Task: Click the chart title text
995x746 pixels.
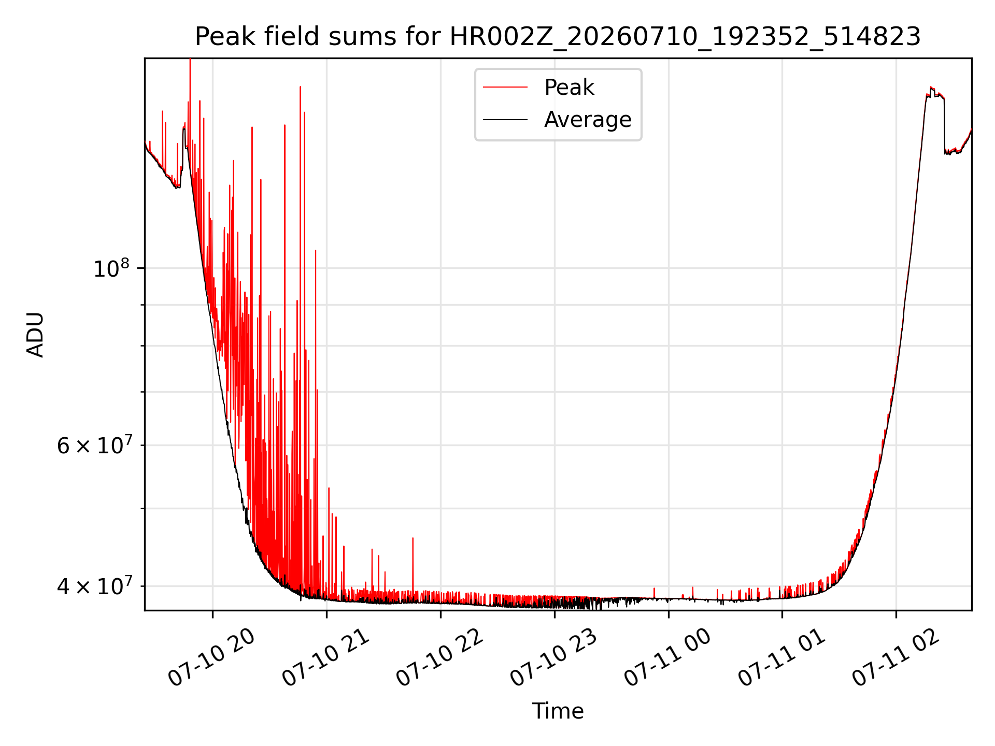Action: tap(558, 37)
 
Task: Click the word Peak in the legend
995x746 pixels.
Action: tap(569, 88)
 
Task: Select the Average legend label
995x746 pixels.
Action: tap(588, 120)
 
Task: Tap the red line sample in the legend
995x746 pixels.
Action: tap(505, 88)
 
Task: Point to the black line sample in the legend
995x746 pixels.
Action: tap(505, 120)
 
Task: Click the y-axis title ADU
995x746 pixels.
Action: tap(35, 335)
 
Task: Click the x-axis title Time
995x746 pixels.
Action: tap(558, 711)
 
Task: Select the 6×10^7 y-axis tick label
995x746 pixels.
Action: tap(94, 445)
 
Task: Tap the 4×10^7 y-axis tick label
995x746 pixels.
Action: tap(94, 586)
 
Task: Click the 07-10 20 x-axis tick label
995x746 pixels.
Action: tap(211, 658)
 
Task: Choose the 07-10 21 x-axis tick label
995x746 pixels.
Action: tap(325, 658)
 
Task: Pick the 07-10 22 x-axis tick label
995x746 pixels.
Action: tap(439, 658)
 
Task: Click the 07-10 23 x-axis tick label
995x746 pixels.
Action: tap(553, 658)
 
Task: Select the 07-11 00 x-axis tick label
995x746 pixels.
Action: tap(667, 658)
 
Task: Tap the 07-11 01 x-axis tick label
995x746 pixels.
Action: tap(781, 658)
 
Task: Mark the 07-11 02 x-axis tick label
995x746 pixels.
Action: tap(895, 658)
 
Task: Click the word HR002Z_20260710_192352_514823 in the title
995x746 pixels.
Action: tap(685, 37)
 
